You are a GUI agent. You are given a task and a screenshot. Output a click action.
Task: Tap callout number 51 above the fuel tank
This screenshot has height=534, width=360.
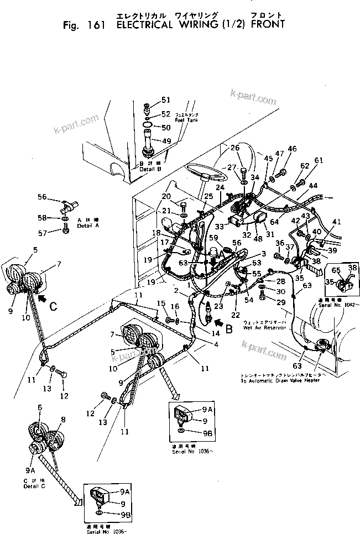[166, 100]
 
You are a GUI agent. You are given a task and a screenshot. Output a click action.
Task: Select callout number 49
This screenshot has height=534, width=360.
[166, 141]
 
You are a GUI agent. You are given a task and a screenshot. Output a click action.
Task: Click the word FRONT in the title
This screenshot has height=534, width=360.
[268, 24]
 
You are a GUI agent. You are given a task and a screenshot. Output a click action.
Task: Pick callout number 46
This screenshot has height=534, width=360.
[293, 149]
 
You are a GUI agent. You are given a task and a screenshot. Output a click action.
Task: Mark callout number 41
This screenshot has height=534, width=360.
[337, 222]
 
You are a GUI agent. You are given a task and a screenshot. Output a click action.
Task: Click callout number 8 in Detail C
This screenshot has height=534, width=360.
[64, 420]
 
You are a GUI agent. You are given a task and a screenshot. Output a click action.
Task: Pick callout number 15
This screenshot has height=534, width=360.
[161, 303]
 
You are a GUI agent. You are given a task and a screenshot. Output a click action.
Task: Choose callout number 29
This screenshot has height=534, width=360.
[281, 302]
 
